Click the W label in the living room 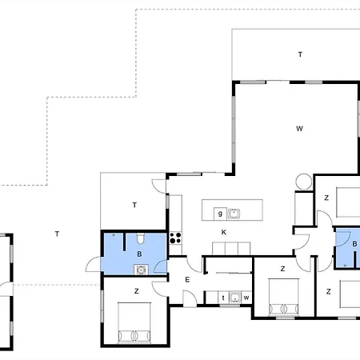click(299, 129)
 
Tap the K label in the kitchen click(224, 232)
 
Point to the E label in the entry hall click(187, 280)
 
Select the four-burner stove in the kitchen click(176, 238)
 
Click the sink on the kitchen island click(234, 214)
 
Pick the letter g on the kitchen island click(220, 214)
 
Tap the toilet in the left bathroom click(141, 238)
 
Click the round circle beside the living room click(304, 182)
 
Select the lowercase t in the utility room click(223, 298)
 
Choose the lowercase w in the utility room click(246, 298)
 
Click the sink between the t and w click(235, 298)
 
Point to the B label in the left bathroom click(139, 254)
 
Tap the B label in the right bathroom click(354, 244)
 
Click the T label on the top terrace click(300, 54)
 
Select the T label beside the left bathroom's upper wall click(134, 205)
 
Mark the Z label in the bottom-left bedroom click(137, 291)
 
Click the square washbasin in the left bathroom click(141, 270)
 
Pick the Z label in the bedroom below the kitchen click(282, 269)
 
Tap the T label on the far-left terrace click(57, 234)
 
